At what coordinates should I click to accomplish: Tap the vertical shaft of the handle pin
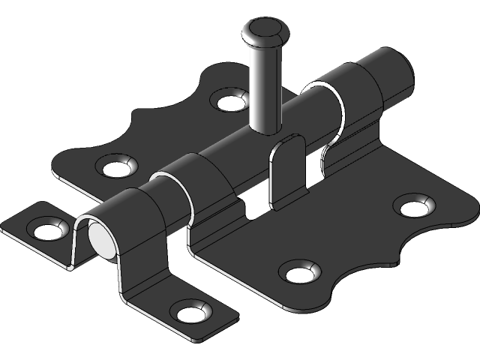(264, 90)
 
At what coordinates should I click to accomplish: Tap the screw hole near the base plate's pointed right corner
(414, 203)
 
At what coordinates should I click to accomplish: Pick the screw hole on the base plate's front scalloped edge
(298, 271)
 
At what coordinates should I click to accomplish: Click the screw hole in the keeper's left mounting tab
(46, 228)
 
